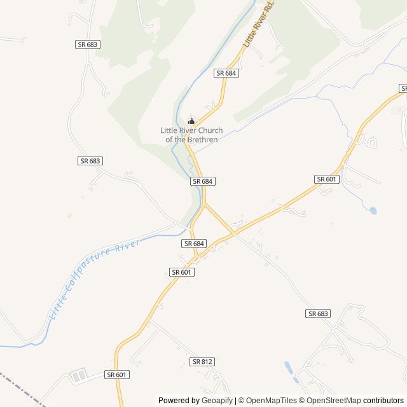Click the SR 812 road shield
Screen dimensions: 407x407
coord(202,362)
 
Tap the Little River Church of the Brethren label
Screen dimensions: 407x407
coord(191,135)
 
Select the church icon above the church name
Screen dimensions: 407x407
coord(191,121)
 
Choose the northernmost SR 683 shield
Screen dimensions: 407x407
coord(88,45)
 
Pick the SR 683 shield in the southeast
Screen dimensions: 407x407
coord(318,314)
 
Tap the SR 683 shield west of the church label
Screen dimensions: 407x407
coord(90,161)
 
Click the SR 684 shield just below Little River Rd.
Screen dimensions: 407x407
coord(226,73)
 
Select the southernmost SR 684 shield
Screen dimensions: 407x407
coord(194,244)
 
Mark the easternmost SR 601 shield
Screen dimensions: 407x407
coord(328,179)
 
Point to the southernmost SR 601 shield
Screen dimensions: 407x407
coord(118,375)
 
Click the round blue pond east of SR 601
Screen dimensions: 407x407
coord(373,210)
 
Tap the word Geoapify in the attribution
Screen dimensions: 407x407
coord(217,401)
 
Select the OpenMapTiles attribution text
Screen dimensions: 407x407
coord(270,401)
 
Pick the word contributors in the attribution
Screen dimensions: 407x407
coord(383,401)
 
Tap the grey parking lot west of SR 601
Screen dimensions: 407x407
coord(78,376)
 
